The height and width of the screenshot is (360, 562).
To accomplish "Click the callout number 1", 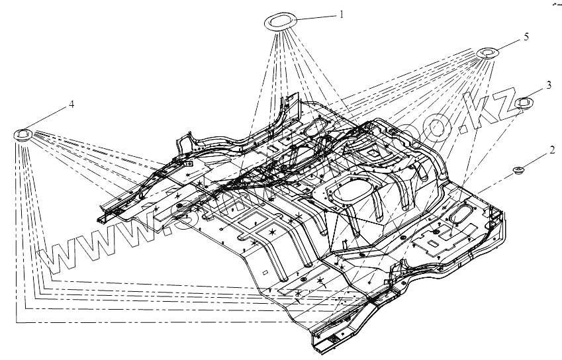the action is tap(342, 13).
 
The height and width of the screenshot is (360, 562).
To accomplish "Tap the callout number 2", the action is tap(551, 152).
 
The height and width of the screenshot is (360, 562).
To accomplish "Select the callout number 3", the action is tap(549, 85).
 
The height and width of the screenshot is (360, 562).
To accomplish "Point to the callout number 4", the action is tap(71, 105).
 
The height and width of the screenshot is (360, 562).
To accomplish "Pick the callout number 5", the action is tap(526, 37).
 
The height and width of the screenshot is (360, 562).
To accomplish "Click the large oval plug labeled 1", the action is tap(281, 21).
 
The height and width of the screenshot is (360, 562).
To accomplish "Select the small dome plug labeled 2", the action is tap(519, 172).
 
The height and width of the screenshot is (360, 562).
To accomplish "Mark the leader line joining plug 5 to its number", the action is tap(508, 44).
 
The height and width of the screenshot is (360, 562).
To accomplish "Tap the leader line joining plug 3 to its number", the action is tap(537, 93).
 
